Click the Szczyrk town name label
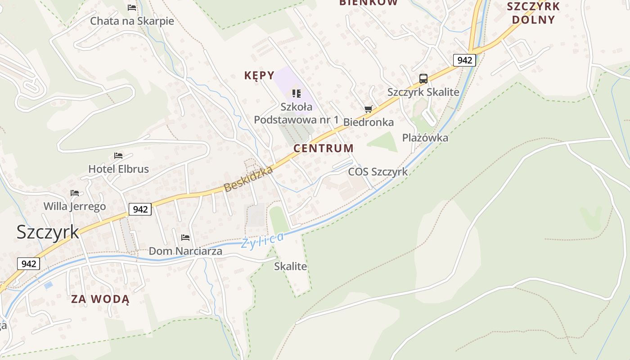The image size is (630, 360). (x=48, y=232)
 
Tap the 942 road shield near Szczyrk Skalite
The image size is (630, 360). (x=464, y=60)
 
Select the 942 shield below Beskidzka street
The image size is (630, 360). (x=140, y=209)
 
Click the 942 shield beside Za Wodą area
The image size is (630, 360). (x=28, y=264)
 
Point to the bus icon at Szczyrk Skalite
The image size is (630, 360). (x=423, y=79)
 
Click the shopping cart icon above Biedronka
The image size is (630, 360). (x=369, y=109)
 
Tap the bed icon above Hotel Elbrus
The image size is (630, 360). (x=118, y=156)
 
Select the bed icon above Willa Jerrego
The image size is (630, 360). (x=75, y=193)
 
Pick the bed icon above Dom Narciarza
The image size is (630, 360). (x=185, y=238)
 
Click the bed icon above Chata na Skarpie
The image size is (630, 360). (x=132, y=8)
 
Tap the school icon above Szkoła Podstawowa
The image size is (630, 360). (x=296, y=94)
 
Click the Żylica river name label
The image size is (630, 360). (x=262, y=240)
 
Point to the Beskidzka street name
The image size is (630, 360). (x=248, y=179)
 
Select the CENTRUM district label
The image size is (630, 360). (x=324, y=148)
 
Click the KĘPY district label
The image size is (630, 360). (x=259, y=76)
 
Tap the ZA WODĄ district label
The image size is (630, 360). (x=100, y=299)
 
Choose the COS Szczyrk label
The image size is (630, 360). (x=378, y=171)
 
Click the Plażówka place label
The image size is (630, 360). (x=425, y=138)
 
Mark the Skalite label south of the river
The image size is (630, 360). (x=291, y=266)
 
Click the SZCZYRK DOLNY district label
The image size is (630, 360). (x=533, y=13)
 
